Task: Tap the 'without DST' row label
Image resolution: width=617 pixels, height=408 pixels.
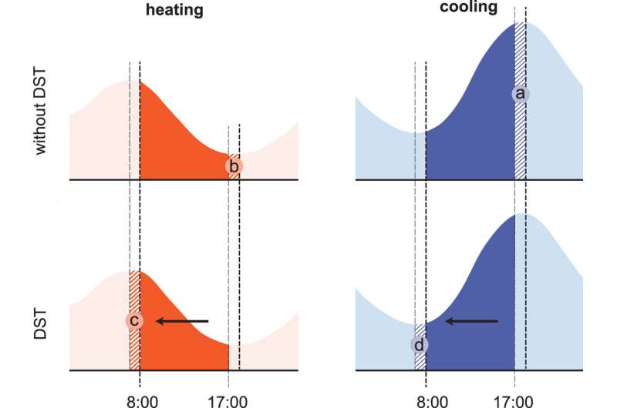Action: click(41, 111)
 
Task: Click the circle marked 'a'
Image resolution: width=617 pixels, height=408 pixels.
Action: click(520, 94)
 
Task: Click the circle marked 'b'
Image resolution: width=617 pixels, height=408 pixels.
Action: click(234, 166)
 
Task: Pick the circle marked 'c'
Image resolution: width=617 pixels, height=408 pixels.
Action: click(134, 321)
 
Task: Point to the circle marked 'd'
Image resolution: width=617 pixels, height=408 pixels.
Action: click(420, 343)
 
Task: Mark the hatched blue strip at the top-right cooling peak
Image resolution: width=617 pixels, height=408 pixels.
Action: click(520, 54)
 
